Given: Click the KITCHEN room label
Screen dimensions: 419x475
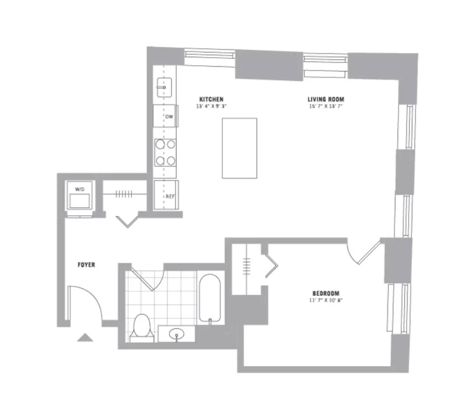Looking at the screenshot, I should tap(211, 99).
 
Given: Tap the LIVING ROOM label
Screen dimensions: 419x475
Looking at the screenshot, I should tap(326, 99).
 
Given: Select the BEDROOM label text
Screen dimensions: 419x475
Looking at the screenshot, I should tap(326, 293).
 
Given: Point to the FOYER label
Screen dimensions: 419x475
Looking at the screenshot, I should tap(86, 265).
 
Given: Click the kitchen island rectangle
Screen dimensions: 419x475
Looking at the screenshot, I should tap(239, 148).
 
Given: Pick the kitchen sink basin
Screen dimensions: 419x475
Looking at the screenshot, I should tap(164, 88).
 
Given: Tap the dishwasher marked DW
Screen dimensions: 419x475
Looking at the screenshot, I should tap(166, 116).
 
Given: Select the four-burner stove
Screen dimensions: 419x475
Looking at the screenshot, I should tap(165, 152).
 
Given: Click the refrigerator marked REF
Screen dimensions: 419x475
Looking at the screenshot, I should tap(166, 195).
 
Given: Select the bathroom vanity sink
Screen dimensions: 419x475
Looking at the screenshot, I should tap(177, 334).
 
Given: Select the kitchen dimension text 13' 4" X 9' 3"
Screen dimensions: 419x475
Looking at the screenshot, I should tap(211, 106).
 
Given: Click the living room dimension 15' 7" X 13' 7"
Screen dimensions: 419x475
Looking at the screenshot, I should tap(326, 106).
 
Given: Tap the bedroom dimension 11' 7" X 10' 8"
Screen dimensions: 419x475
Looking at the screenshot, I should tap(326, 300).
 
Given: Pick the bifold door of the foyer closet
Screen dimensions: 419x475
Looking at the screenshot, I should tap(128, 221).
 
